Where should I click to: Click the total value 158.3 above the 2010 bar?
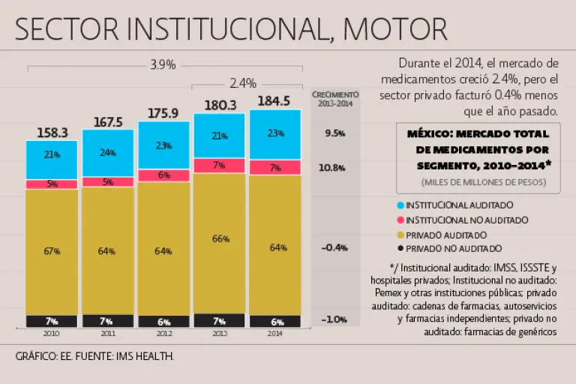pos(52,133)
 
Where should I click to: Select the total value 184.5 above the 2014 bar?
pos(275,101)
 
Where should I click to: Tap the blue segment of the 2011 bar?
pos(108,153)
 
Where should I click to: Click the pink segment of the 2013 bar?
pos(219,166)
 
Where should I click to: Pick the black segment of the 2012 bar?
pos(163,321)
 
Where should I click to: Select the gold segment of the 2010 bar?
pos(52,252)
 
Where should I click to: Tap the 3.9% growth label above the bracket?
pos(163,64)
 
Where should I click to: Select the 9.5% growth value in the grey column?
pos(334,133)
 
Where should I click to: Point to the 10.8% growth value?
pos(333,167)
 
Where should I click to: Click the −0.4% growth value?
pos(334,247)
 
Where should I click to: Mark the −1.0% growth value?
pos(334,319)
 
